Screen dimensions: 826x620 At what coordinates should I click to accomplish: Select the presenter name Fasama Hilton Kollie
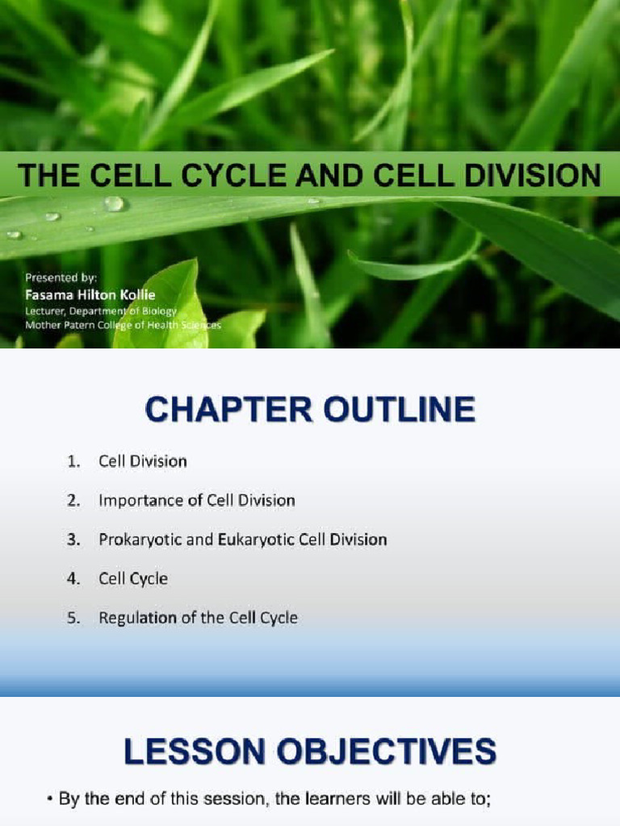90,294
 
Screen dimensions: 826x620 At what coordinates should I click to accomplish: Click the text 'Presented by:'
61,277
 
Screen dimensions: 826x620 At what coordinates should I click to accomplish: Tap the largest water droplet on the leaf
115,203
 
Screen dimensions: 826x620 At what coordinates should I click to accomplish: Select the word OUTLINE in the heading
398,410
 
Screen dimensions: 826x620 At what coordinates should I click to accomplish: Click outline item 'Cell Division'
142,461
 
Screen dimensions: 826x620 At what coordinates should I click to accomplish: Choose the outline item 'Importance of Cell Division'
196,500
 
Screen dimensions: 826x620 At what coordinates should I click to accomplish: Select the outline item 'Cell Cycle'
133,578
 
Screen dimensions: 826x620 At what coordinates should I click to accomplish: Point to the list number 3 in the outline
73,540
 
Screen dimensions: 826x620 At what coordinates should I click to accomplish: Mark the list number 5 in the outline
73,618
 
